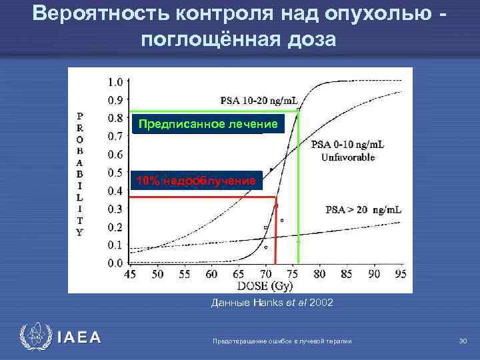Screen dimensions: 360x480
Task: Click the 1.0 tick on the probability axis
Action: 115,83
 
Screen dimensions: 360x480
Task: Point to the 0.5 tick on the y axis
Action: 115,173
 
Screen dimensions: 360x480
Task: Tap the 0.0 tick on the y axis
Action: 115,263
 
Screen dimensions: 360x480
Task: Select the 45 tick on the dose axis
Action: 131,274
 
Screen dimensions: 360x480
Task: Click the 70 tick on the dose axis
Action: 265,274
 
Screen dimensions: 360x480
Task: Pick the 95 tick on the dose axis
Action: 401,274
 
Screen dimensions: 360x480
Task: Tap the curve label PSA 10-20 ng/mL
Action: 260,101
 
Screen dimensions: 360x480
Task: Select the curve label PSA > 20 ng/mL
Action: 363,210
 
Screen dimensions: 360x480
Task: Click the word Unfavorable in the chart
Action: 347,158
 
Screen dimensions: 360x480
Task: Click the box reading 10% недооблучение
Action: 195,181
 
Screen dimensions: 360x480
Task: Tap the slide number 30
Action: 463,341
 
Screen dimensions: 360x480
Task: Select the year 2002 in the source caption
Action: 320,303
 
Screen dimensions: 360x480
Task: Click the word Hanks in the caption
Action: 265,303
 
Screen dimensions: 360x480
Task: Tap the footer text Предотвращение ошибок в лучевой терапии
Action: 281,341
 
